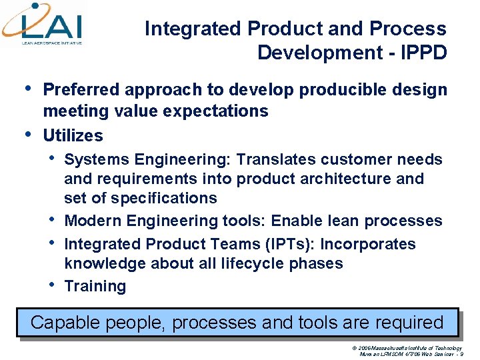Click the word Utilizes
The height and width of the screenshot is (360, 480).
73,135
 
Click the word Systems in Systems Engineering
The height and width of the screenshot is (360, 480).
97,159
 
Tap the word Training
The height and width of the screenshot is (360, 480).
95,286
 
